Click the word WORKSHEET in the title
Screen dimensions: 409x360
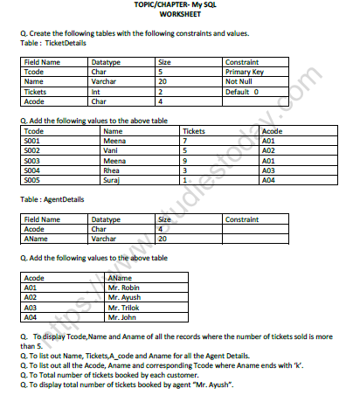pyautogui.click(x=180, y=14)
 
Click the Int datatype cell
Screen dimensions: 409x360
pyautogui.click(x=95, y=92)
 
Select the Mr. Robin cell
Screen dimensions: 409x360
pyautogui.click(x=124, y=286)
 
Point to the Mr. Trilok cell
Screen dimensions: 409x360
pyautogui.click(x=124, y=305)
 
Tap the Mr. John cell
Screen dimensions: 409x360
pyautogui.click(x=122, y=315)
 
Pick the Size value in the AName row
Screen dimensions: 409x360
pyautogui.click(x=163, y=238)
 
